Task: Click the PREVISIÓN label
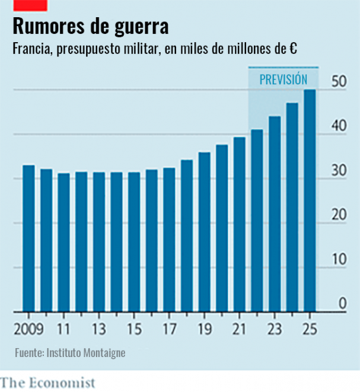(x=283, y=79)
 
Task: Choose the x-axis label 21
(x=239, y=329)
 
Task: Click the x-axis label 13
(x=99, y=329)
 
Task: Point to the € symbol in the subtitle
(x=294, y=50)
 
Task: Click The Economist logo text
(x=47, y=383)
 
